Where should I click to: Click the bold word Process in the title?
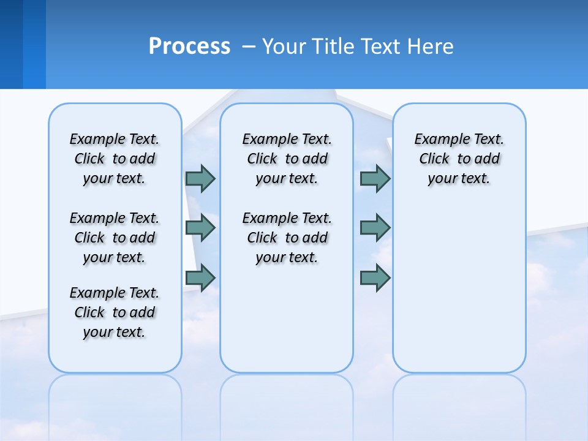tap(189, 47)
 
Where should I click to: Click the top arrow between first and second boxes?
tap(200, 178)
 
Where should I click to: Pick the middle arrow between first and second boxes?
tap(200, 228)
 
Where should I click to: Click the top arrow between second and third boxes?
tap(375, 178)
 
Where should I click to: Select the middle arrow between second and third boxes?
tap(375, 228)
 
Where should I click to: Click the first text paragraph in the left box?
tap(115, 159)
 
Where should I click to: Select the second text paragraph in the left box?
tap(115, 238)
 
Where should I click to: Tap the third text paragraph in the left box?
tap(115, 312)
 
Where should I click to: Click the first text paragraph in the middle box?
tap(287, 159)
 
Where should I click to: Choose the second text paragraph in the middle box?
tap(287, 238)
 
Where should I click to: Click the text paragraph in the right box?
tap(459, 159)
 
